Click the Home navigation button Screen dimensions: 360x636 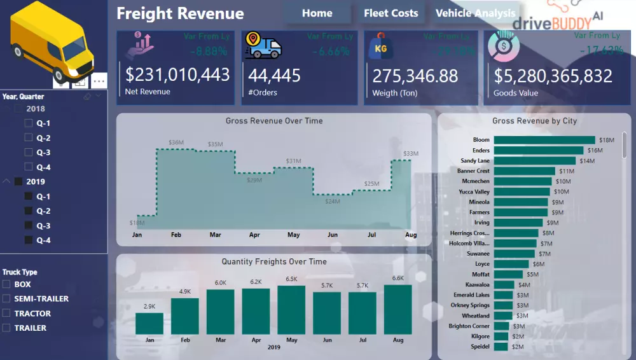coord(317,13)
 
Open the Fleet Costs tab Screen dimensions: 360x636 coord(391,13)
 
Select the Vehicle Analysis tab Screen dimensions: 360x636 coord(475,13)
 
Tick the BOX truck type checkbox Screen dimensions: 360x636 coord(6,284)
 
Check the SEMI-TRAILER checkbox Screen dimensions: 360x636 coord(6,299)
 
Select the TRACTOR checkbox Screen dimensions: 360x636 coord(6,314)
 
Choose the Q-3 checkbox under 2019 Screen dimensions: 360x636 coord(28,226)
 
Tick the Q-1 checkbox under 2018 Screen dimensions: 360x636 coord(28,123)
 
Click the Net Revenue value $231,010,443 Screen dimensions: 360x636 coord(177,75)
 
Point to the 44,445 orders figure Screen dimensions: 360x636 coord(274,76)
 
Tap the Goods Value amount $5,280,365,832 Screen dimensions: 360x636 coord(553,76)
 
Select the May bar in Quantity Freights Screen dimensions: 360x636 coord(291,310)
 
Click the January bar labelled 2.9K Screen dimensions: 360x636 coord(149,323)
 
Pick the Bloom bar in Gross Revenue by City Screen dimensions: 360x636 coord(544,140)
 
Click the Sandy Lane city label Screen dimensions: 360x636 coord(474,161)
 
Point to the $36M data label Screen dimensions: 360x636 coord(176,142)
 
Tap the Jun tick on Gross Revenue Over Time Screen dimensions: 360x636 coord(332,235)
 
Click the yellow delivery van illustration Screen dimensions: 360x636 coord(51,41)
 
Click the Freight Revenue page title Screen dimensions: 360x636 coord(180,13)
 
